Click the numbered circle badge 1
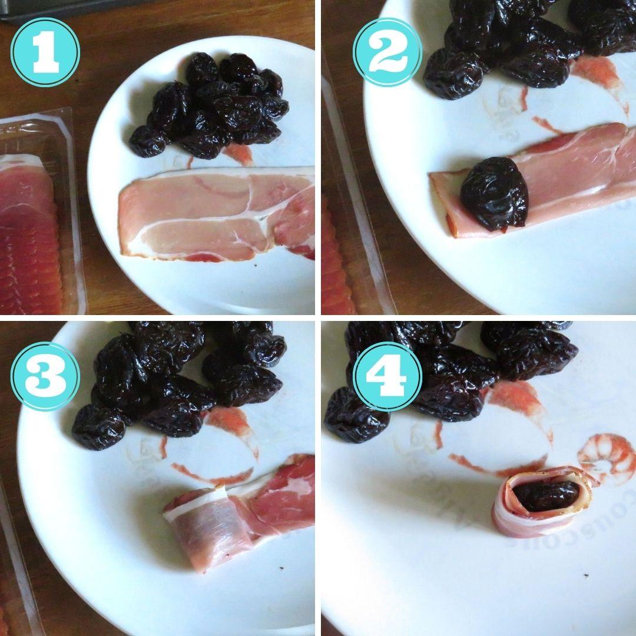click(45, 52)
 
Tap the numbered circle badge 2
click(387, 52)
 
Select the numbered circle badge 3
click(45, 376)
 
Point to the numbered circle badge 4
click(387, 376)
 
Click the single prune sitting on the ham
click(493, 193)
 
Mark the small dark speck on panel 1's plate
click(254, 266)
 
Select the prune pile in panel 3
click(177, 380)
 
